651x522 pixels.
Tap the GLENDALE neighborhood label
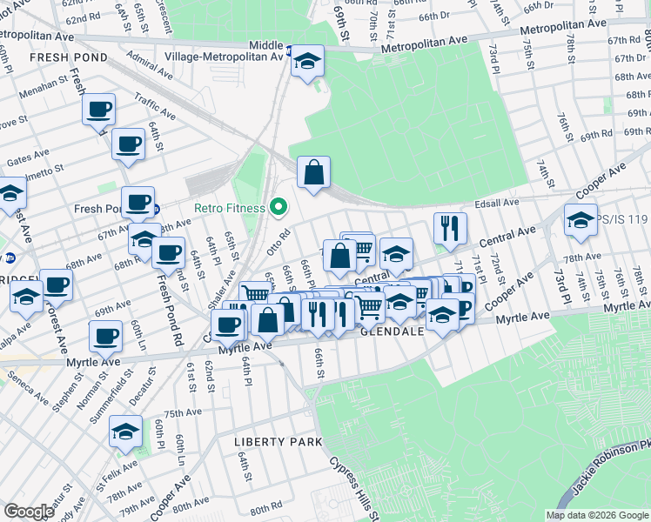pos(392,332)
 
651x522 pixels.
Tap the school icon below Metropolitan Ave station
pos(306,62)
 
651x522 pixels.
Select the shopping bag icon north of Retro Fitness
pos(313,172)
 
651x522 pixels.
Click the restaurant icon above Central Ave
pos(450,228)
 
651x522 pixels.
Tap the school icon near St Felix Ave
pos(126,432)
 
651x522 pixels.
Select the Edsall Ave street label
pos(497,203)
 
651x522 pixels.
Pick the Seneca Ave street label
pos(29,385)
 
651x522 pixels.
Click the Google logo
pos(29,512)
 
